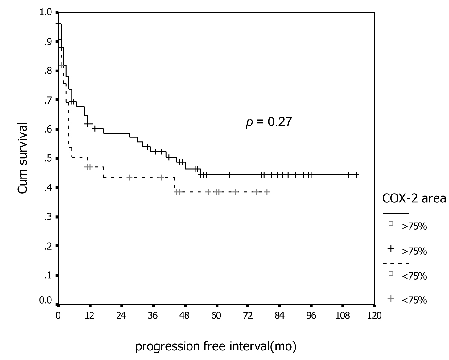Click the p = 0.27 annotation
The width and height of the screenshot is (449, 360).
(269, 122)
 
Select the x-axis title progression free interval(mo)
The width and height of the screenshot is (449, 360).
(216, 346)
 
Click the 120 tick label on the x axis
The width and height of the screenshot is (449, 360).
(375, 316)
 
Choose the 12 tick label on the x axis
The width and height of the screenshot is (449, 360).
(89, 316)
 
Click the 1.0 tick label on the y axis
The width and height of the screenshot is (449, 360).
(46, 13)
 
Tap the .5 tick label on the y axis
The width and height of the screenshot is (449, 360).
(48, 159)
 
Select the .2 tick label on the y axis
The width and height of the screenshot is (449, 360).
(48, 246)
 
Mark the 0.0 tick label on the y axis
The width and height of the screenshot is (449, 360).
(46, 301)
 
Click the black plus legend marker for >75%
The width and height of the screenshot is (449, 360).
(391, 249)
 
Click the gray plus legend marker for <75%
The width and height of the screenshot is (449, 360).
(391, 298)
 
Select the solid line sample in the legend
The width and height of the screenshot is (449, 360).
(395, 213)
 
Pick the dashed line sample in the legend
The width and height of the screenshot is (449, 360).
(395, 263)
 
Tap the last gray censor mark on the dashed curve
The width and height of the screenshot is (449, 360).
(267, 192)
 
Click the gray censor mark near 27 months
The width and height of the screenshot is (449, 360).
(130, 178)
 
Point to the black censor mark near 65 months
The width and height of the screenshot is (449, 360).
(229, 175)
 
